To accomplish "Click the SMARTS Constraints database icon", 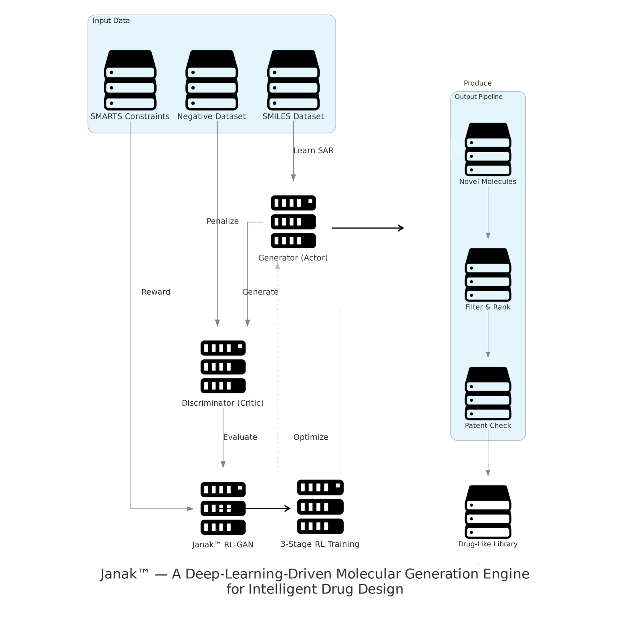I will coord(130,80).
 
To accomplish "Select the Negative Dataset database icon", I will coord(211,80).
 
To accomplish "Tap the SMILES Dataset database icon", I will coord(293,80).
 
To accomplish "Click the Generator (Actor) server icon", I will coord(293,221).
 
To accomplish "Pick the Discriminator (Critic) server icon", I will coord(223,366).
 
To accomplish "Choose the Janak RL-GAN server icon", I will coord(223,508).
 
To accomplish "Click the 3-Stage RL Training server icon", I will coord(320,507).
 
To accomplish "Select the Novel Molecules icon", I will coord(488,149).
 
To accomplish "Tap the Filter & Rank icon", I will coord(488,275).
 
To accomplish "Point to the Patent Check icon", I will coord(488,393).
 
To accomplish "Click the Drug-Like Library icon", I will coord(488,512).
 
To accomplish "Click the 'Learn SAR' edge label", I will coord(313,151).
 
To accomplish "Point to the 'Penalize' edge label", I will coord(222,221).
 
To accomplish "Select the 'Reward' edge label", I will coord(156,292).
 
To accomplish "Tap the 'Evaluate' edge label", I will coord(240,437).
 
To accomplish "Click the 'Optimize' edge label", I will coord(311,437).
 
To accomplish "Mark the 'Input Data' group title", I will coord(111,20).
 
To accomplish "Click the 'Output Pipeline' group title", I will coord(478,97).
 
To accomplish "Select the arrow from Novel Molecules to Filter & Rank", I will coord(488,212).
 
